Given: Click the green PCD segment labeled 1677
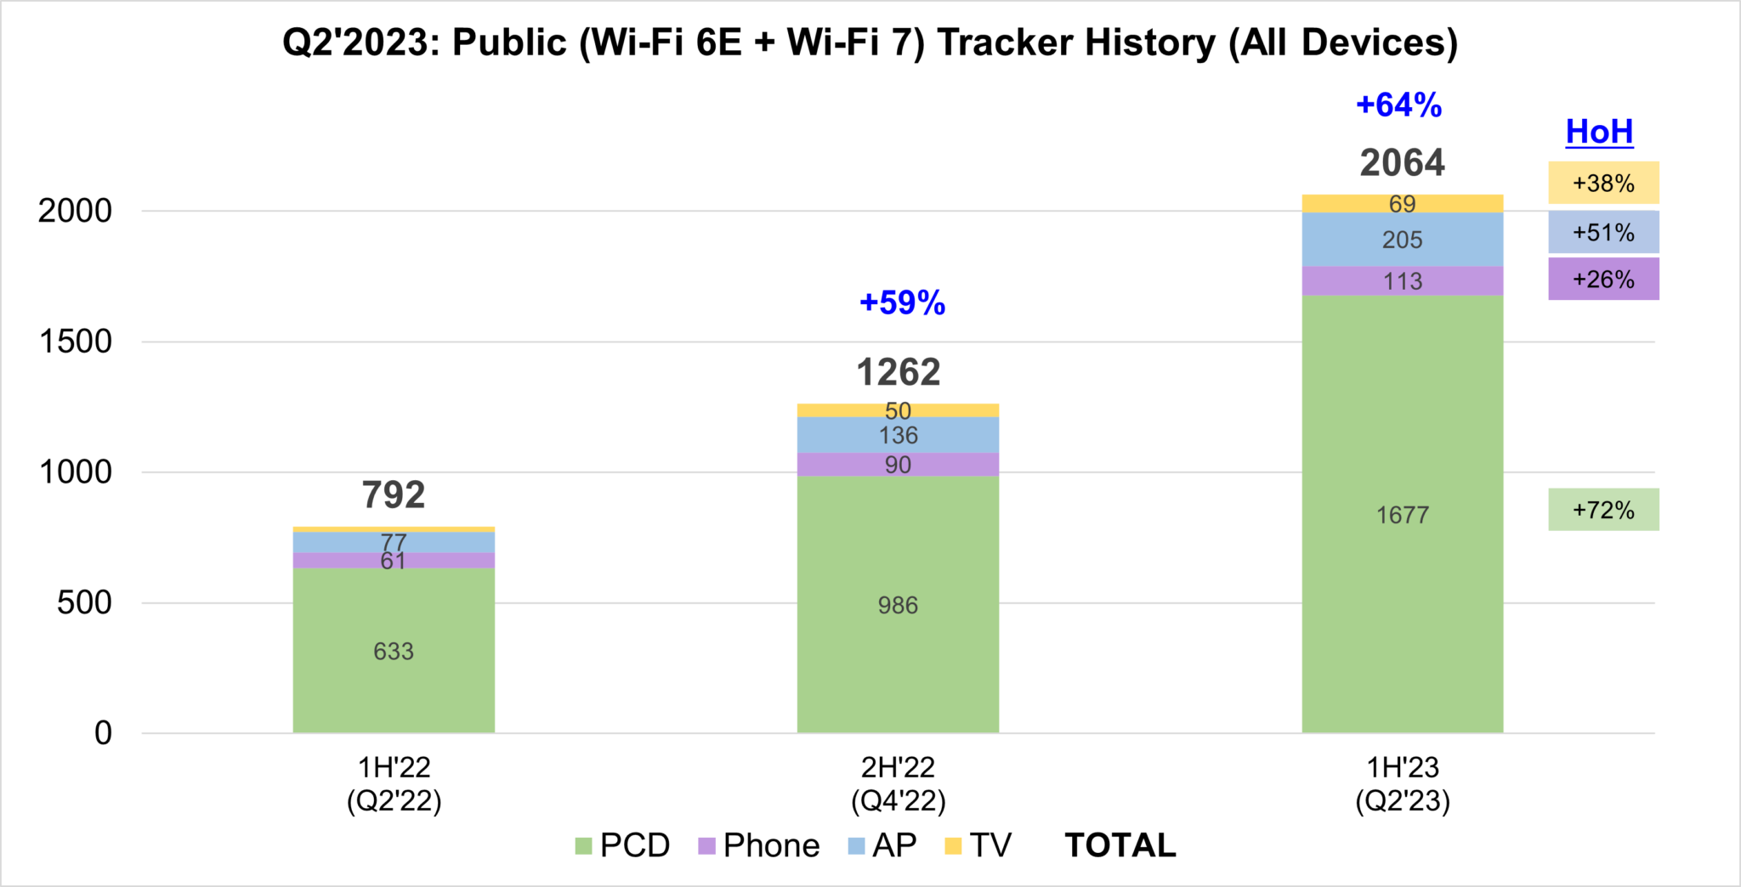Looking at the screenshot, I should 1402,514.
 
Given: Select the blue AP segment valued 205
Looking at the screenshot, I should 1402,240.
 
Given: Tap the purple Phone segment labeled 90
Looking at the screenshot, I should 898,465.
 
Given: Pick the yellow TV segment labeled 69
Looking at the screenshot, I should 1402,204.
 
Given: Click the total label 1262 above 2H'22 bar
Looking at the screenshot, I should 898,372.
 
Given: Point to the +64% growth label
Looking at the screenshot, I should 1398,105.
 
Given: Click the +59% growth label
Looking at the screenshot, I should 902,302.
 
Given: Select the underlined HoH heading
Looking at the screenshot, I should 1599,132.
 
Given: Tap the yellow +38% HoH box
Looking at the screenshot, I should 1602,183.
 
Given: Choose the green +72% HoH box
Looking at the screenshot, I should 1602,510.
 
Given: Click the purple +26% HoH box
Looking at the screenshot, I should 1602,280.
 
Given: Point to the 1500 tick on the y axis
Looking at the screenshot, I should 76,342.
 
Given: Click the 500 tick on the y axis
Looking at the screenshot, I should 84,603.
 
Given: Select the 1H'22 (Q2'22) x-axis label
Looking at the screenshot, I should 394,784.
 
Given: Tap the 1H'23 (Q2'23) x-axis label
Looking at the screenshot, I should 1402,784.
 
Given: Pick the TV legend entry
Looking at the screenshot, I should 978,845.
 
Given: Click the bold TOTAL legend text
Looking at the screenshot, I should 1120,845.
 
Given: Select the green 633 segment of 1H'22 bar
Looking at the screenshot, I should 394,652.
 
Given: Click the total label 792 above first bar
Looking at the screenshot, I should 394,494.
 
